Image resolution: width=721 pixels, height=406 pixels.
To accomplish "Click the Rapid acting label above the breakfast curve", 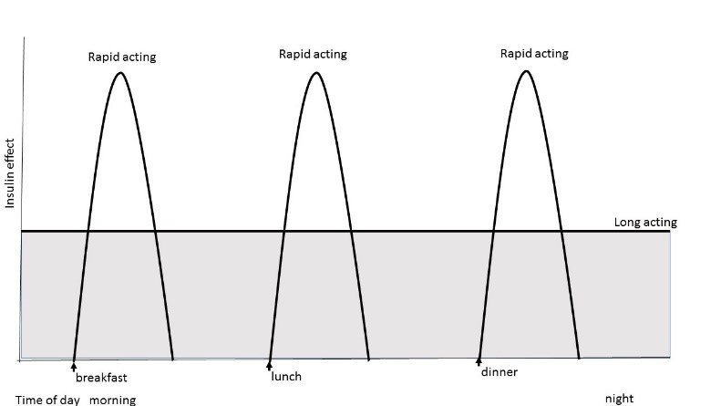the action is point(122,57).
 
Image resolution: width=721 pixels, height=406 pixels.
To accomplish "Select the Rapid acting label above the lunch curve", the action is point(313,55).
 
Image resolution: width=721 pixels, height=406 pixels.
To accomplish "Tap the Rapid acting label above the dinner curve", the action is point(534,54).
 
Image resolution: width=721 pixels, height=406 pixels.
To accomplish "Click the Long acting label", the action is point(645,223).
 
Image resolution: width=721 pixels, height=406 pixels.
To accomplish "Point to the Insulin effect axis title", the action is point(10,173).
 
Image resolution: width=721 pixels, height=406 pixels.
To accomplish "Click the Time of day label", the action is point(47,400).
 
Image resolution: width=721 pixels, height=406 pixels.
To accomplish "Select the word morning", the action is point(113,400).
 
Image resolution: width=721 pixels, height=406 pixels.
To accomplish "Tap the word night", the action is point(620,399).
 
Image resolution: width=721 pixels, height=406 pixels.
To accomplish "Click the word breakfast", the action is point(101,378).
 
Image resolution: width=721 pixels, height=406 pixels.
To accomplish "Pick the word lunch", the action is point(286,377).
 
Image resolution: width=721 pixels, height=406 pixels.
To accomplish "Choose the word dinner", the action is point(500,372).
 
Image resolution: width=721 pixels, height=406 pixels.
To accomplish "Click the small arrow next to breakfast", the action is point(74,367).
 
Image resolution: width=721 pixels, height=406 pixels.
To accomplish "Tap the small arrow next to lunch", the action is point(270,366).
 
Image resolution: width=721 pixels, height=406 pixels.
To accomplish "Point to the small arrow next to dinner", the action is point(479,362).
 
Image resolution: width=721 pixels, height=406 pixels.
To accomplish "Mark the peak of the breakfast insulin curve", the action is point(121,73).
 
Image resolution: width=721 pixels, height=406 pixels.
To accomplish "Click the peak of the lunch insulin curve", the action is point(316,73).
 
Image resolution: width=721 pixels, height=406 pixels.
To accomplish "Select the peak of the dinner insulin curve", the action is point(527,71).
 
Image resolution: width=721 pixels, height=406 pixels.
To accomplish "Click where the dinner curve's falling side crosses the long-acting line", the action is point(561,231).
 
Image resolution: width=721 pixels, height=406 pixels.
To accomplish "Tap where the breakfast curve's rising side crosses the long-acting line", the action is point(88,231).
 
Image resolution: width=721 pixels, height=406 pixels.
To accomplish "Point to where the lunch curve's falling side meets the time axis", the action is point(369,359).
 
